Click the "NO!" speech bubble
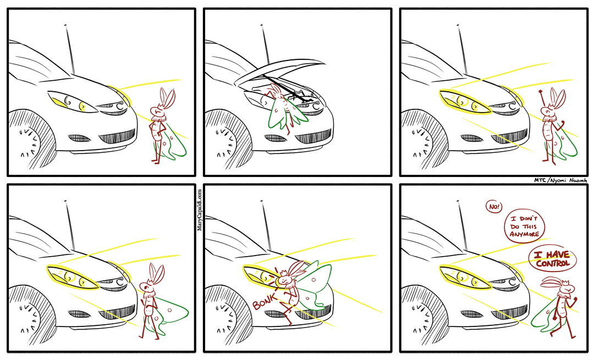pos(494,207)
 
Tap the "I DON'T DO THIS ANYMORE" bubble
pos(524,226)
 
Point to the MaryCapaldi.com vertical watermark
pos(200,210)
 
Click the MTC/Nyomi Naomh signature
pos(560,181)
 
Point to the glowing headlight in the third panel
pos(465,102)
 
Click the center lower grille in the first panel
pos(117,136)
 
